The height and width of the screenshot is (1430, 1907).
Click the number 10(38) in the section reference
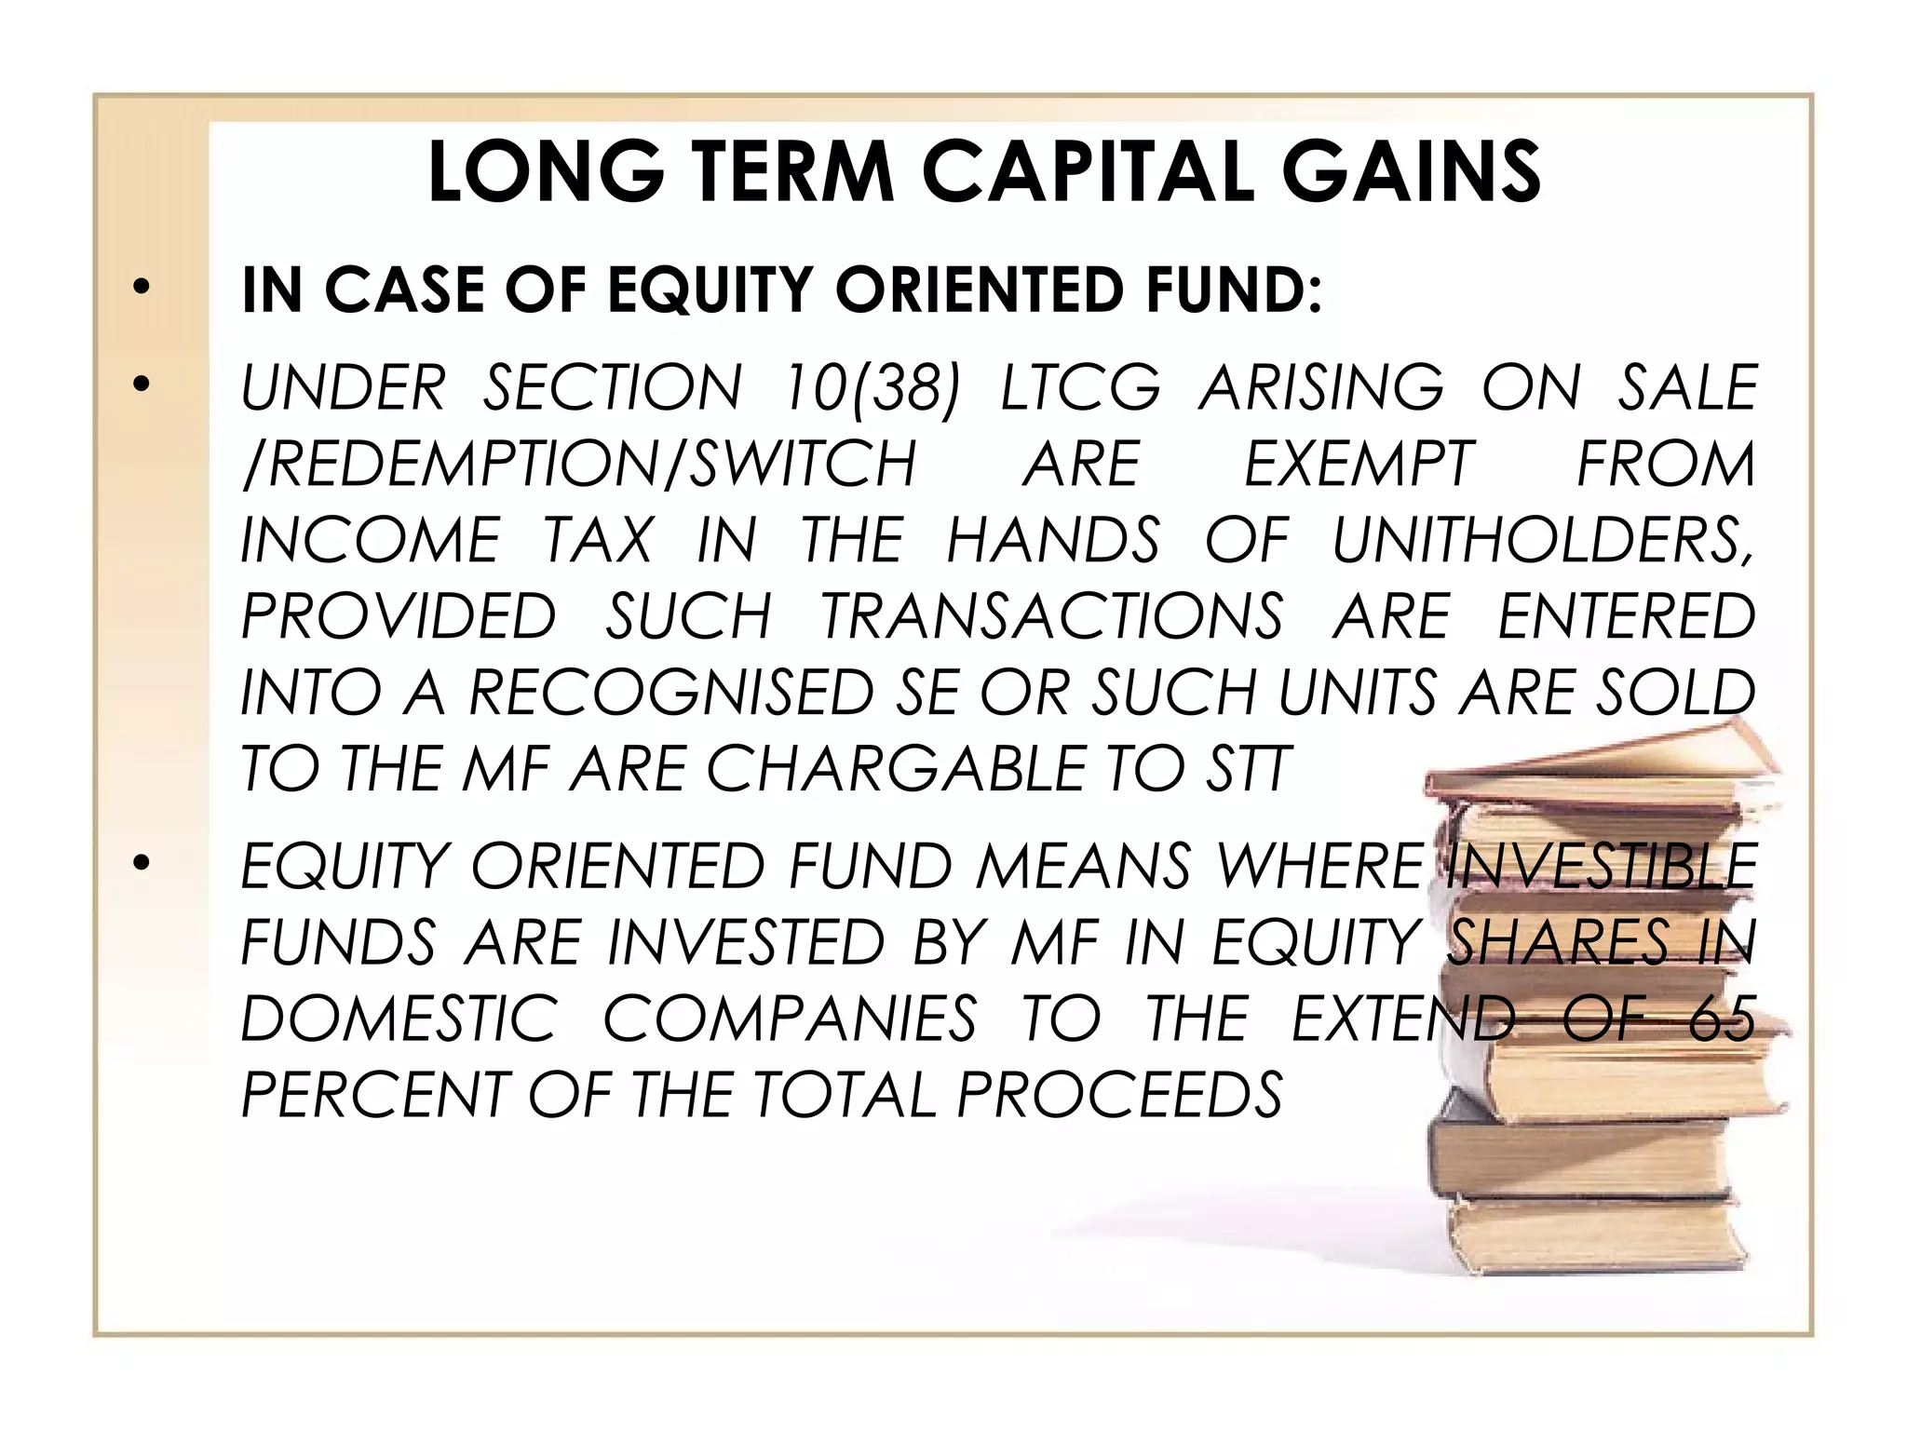point(871,387)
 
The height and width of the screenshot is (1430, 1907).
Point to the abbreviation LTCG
point(1080,387)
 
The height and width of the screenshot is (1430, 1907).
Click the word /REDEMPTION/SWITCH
point(578,464)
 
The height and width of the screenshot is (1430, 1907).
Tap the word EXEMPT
point(1359,464)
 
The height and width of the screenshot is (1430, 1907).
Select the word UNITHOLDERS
point(1542,540)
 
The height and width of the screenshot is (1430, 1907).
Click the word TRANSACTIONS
point(1051,616)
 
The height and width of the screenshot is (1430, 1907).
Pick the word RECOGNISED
point(670,693)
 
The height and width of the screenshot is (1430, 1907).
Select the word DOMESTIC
point(399,1019)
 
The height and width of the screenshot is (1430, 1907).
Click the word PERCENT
point(372,1095)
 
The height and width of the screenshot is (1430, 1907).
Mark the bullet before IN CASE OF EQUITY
point(141,288)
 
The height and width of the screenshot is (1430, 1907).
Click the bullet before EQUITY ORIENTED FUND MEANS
point(141,863)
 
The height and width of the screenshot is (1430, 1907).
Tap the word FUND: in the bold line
point(1234,290)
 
